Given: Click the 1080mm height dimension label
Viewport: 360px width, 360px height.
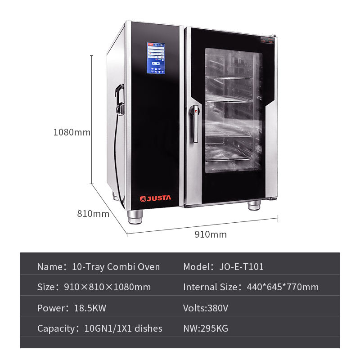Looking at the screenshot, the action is coord(72,133).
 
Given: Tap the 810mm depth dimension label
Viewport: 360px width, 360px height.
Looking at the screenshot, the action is coord(93,214).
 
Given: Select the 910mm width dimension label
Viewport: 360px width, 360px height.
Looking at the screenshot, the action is coord(211,234).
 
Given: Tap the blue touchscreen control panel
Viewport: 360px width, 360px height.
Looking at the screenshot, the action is coord(156,58).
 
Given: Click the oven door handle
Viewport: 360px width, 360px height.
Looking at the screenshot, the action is coord(195,123).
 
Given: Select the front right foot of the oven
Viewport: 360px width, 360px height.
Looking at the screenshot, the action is coord(254,206).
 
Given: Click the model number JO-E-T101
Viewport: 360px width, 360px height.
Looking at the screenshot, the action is coord(241,267).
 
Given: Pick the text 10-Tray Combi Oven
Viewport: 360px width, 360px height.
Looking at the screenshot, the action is coord(116,267).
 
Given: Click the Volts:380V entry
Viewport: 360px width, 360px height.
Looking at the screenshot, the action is coord(206,308).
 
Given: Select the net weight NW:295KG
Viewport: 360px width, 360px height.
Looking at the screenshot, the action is coord(206,328).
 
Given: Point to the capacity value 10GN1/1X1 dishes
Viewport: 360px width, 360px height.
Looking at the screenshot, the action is coord(123,328).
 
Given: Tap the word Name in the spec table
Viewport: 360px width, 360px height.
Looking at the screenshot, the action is coord(49,267).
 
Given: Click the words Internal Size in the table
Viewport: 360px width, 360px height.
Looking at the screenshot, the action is coord(209,287).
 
